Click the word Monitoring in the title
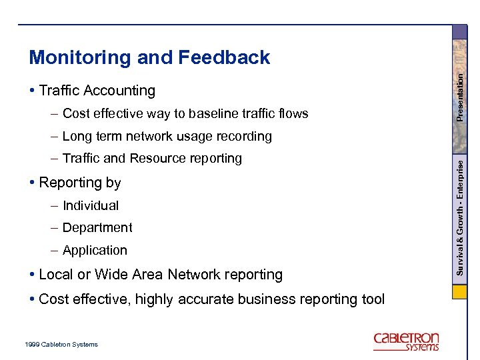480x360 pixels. click(x=80, y=58)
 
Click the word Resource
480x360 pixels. click(x=155, y=159)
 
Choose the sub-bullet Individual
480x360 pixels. click(x=91, y=206)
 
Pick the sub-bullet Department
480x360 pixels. click(x=97, y=228)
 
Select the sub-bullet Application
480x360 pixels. click(x=95, y=251)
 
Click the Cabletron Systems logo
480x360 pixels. click(x=406, y=341)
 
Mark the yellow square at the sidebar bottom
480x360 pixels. click(x=459, y=292)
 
